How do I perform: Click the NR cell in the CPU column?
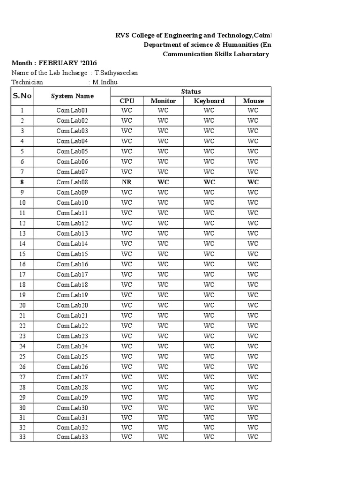(x=127, y=182)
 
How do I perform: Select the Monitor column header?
(x=163, y=101)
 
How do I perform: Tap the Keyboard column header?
(x=209, y=101)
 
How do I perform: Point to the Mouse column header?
(x=253, y=101)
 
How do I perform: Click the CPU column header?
(x=127, y=101)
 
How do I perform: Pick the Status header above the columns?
(x=191, y=91)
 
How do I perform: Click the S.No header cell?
(x=22, y=96)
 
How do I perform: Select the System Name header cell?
(x=72, y=96)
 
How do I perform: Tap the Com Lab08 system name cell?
(x=72, y=182)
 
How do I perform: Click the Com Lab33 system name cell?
(x=72, y=437)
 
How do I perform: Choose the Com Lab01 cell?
(x=72, y=111)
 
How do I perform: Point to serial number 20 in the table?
(x=22, y=305)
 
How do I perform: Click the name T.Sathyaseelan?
(x=116, y=73)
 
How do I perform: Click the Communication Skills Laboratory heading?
(x=216, y=54)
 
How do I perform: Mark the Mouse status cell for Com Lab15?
(x=253, y=254)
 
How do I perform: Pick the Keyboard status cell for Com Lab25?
(x=209, y=356)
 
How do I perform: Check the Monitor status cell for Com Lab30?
(x=163, y=408)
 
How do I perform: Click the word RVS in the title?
(x=122, y=36)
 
